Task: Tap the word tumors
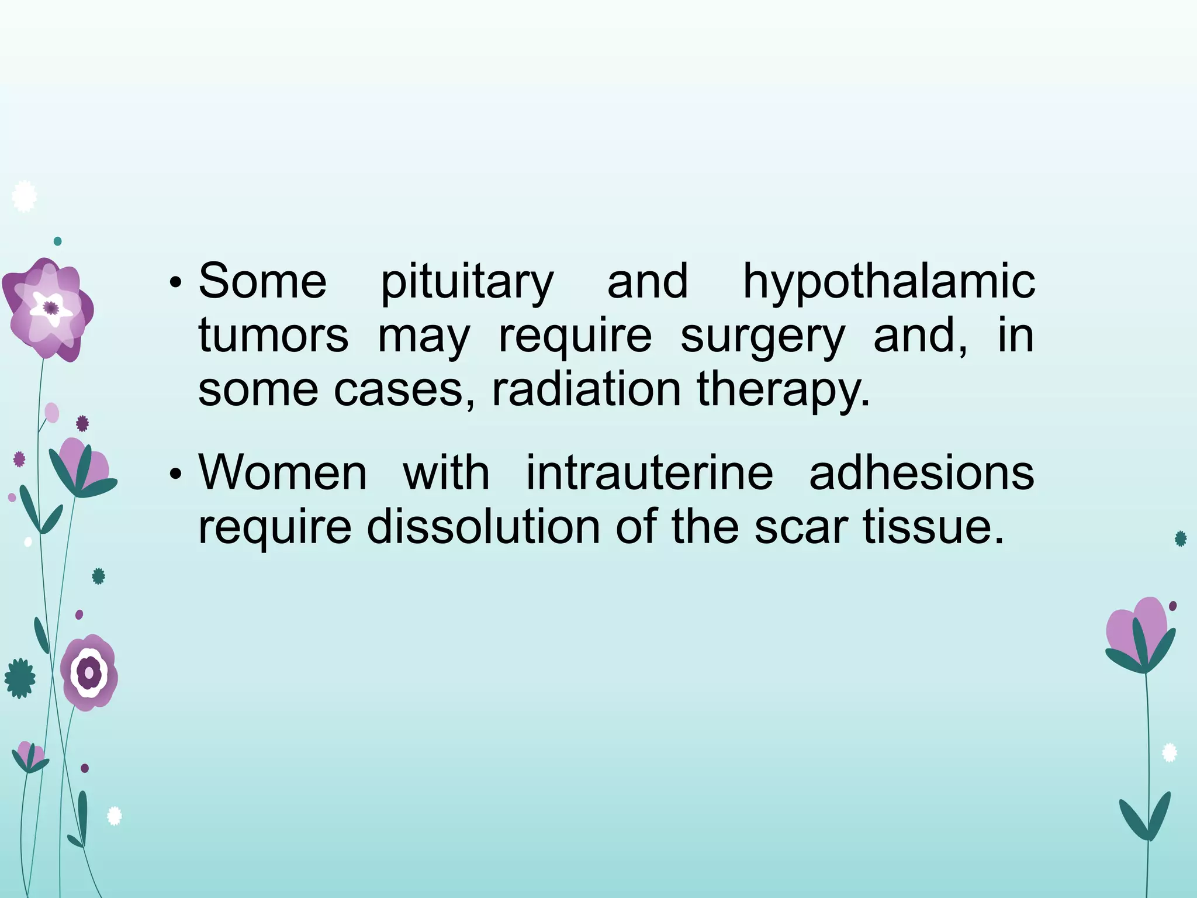[x=273, y=336]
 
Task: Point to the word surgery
[x=762, y=337]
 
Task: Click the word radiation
[x=586, y=390]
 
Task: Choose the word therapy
[x=783, y=391]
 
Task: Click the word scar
[x=801, y=527]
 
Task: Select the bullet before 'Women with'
[x=175, y=475]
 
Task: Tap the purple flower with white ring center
[x=89, y=672]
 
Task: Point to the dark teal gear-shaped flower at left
[x=19, y=678]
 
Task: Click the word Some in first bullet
[x=262, y=282]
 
